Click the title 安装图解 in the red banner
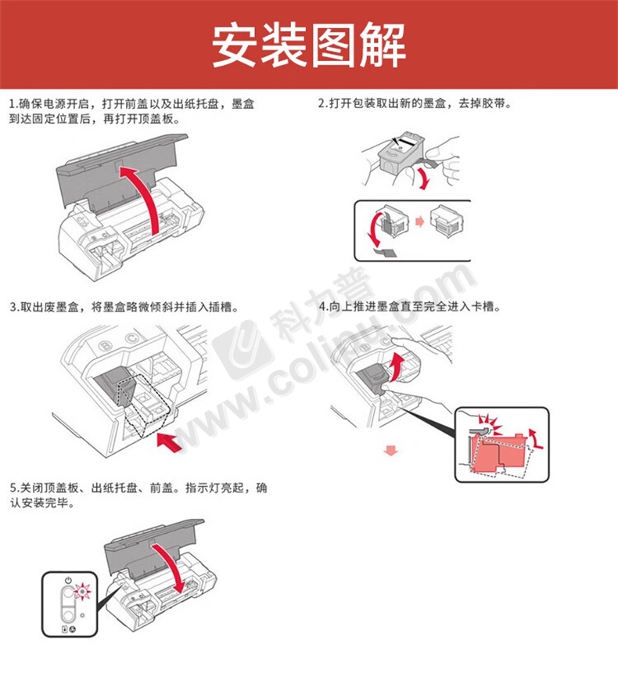[x=308, y=45]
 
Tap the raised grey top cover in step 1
[x=120, y=173]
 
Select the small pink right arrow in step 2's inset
[x=419, y=221]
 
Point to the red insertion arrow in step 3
[x=169, y=443]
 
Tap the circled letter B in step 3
[x=106, y=346]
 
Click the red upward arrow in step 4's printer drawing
[x=396, y=367]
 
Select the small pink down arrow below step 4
[x=391, y=451]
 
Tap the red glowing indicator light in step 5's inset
[x=82, y=590]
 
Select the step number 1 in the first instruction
[x=12, y=104]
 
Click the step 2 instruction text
[x=415, y=103]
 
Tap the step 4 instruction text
[x=410, y=307]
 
